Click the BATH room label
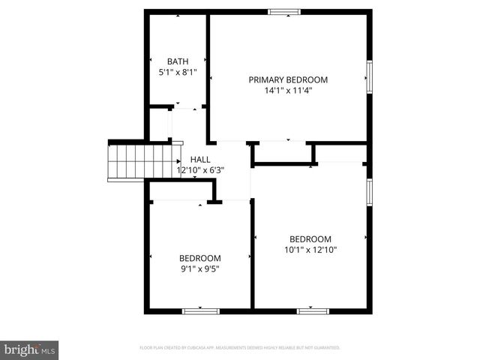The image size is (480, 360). coord(178,61)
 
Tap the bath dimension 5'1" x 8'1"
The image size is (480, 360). coord(178,73)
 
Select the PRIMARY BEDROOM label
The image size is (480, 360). coord(288,79)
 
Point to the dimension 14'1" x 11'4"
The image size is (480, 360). coord(288,91)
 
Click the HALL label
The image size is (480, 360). coord(200,160)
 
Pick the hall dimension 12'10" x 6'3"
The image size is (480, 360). coord(200,170)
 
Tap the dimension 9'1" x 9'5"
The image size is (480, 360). coord(199,269)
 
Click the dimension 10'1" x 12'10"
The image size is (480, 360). coord(310,250)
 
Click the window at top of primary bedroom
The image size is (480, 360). coord(284,11)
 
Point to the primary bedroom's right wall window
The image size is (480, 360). coord(369,77)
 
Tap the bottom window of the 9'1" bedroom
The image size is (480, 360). coord(200,310)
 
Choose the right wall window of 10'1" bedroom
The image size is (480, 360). coord(369,190)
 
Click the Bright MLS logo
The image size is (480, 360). coord(30,349)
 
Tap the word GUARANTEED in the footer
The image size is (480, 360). coord(326,348)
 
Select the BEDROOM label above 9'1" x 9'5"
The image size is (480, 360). coord(199,259)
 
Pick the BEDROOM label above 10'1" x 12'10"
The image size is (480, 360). coord(310,239)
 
